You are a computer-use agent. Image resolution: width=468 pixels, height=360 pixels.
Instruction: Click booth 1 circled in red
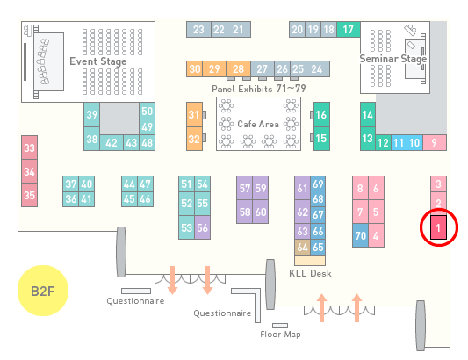(438, 227)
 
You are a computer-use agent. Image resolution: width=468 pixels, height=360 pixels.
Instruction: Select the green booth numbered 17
(348, 30)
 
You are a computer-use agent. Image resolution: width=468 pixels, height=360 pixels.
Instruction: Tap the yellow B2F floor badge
(43, 291)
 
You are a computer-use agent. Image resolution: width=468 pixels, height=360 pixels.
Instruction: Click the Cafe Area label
(258, 124)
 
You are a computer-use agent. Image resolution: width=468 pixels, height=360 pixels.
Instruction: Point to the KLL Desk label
(310, 273)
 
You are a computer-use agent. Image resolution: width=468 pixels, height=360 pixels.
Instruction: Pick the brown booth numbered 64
(302, 247)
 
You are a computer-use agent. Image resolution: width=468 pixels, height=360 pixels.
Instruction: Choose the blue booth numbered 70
(360, 235)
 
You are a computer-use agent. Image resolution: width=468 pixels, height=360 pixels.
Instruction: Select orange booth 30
(194, 69)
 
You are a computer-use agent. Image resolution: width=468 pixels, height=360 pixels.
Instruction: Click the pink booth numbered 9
(435, 143)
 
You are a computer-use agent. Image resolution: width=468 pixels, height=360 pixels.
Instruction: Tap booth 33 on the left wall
(29, 148)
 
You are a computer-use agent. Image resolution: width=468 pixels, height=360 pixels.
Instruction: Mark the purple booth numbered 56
(202, 227)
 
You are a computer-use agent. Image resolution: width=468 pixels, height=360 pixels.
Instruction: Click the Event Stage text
(97, 61)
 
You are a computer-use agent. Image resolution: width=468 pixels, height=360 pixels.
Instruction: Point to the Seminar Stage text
(392, 59)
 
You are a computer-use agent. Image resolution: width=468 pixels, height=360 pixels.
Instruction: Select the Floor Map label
(280, 334)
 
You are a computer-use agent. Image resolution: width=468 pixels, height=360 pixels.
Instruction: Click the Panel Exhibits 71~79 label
(259, 89)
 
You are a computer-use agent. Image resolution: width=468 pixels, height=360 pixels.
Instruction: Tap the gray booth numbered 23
(198, 30)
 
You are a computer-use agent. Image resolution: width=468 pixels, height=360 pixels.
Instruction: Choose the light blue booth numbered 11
(399, 143)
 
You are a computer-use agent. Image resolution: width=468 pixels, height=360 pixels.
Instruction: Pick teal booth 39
(91, 115)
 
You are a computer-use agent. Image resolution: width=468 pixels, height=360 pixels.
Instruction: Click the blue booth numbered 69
(318, 184)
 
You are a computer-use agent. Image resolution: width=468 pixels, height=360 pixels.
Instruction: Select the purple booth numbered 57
(244, 188)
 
